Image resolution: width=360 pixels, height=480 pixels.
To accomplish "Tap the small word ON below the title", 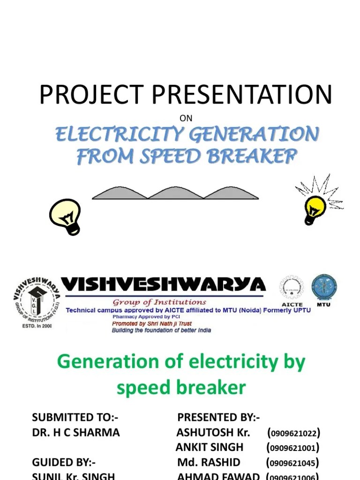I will click(186, 118).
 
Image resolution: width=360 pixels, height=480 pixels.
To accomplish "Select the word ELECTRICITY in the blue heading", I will click(118, 135).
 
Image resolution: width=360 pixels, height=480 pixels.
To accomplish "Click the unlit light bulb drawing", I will click(66, 216).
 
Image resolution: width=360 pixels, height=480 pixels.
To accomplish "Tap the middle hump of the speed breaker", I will click(175, 193).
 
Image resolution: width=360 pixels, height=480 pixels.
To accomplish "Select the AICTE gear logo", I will click(292, 288).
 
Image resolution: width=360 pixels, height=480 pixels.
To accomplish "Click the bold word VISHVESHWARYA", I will click(164, 285).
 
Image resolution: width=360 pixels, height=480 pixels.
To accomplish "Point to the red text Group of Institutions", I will click(159, 302).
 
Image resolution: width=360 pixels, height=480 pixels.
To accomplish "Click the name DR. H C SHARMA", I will click(76, 433).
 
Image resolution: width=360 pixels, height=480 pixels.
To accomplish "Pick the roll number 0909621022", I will click(293, 433).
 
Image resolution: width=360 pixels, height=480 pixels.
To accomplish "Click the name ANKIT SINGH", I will click(209, 448).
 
